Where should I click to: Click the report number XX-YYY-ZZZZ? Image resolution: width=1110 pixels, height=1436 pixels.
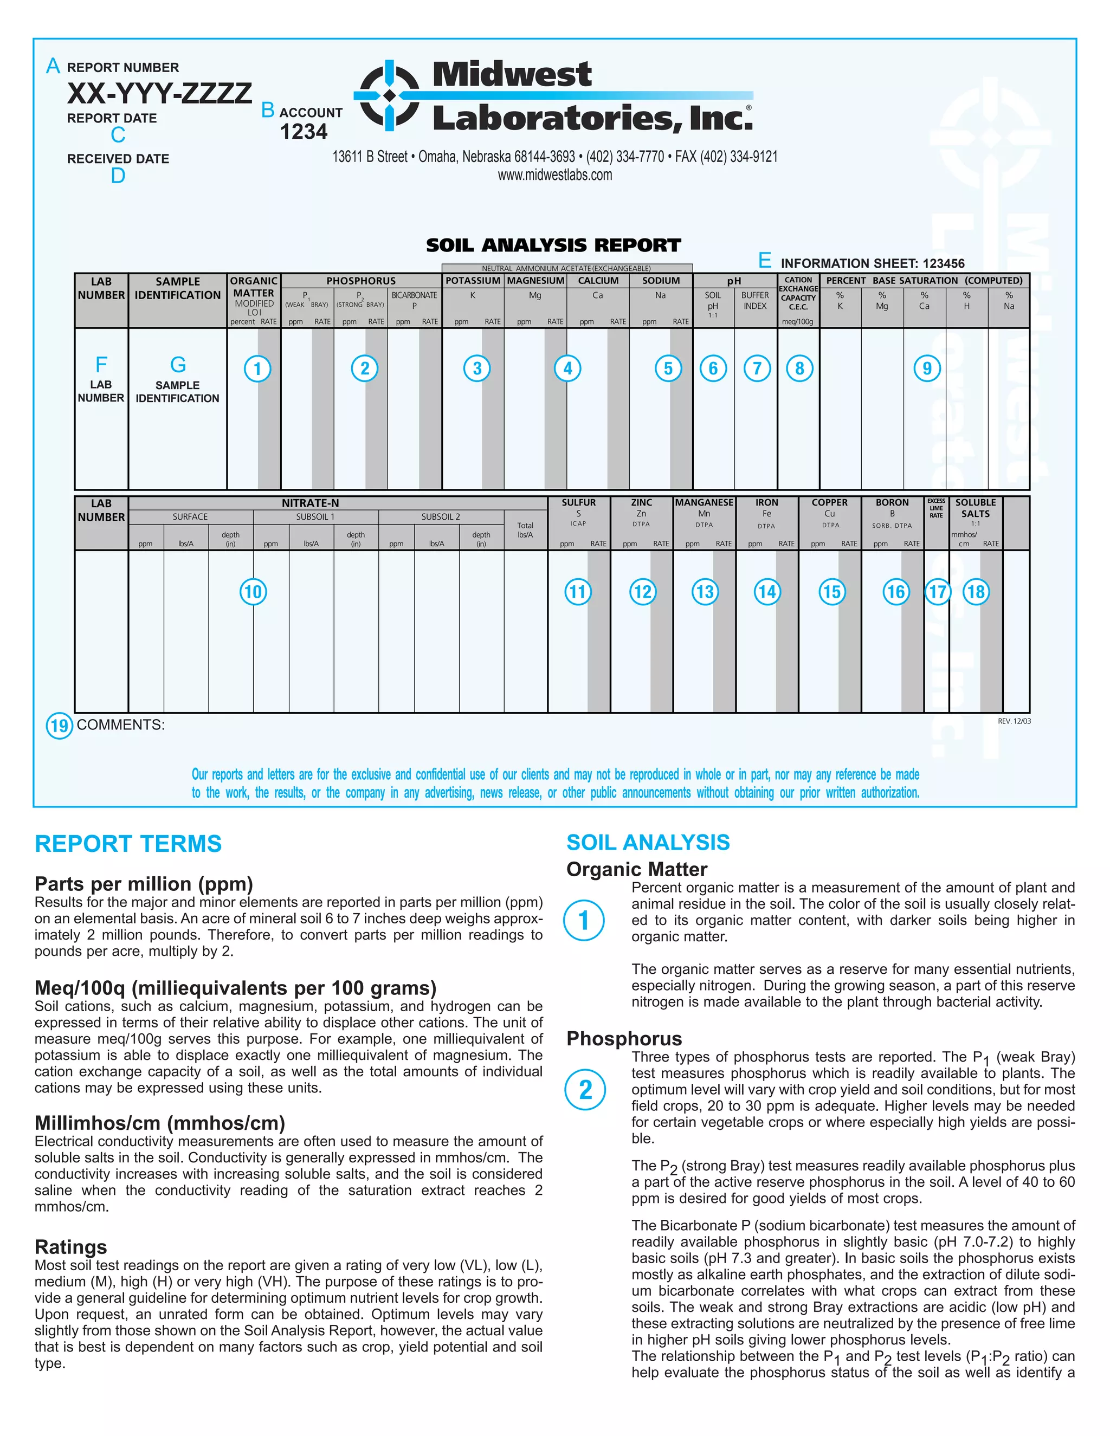[x=159, y=93]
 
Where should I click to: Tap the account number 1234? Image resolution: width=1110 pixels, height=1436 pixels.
[x=303, y=132]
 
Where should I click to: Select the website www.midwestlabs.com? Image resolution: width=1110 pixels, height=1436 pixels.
[x=554, y=175]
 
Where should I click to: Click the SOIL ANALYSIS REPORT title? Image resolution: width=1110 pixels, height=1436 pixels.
[x=553, y=245]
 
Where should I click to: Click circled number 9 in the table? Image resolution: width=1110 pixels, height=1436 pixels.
[x=926, y=368]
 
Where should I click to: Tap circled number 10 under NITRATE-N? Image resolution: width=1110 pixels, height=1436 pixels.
[x=253, y=592]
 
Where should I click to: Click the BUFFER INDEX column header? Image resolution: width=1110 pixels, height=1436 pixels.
[x=755, y=301]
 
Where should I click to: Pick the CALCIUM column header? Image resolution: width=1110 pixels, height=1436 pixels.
[x=598, y=281]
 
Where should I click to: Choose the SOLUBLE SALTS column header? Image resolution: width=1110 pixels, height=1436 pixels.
[x=975, y=508]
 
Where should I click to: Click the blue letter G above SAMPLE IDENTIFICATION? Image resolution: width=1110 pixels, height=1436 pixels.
[x=178, y=364]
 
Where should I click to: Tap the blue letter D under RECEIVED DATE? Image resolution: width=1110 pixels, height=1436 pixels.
[x=118, y=176]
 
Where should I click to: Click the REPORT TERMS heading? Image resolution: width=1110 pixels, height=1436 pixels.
[x=128, y=844]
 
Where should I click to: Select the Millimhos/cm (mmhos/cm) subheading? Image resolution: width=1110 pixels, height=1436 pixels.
[x=160, y=1122]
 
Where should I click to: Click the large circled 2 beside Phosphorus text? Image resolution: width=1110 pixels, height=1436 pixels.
[x=585, y=1090]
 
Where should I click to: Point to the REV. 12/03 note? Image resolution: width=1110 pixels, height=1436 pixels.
[x=1014, y=721]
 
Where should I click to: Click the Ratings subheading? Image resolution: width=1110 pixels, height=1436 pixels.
[x=70, y=1247]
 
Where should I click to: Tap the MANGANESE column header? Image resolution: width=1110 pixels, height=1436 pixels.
[x=704, y=502]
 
